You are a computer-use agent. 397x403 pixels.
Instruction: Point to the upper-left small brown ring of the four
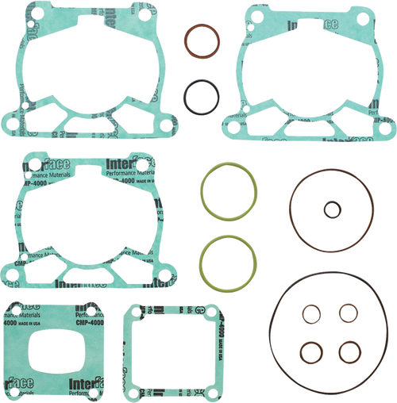pyautogui.click(x=308, y=314)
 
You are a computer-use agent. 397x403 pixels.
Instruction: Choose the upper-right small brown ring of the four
pyautogui.click(x=346, y=313)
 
